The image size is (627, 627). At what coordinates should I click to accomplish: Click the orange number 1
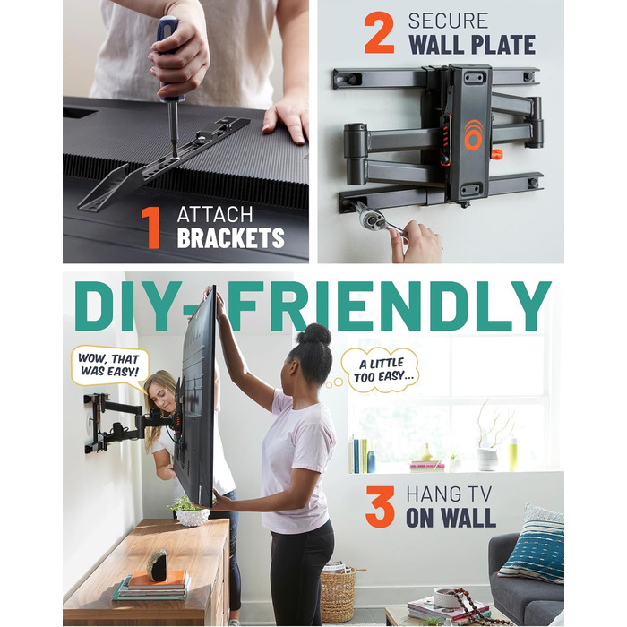coord(151,228)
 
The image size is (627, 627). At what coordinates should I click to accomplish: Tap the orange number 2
coord(379,33)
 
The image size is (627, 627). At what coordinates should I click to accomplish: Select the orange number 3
coord(380,507)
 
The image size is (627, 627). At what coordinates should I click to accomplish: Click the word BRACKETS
coord(231,238)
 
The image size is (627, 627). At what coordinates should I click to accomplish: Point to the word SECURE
coord(448,21)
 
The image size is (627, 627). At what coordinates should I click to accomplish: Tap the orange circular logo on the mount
coord(474,135)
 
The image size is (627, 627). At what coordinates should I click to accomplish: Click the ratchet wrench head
coord(371,217)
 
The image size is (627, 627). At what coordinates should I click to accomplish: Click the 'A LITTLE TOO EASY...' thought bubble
coord(381,370)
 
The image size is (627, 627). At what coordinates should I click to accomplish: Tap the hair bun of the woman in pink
coord(313,335)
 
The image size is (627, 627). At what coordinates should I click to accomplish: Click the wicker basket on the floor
coord(339,591)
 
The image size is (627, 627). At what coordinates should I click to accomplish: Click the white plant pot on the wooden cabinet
coord(193,517)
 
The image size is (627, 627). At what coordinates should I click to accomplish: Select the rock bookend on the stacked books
coord(157,566)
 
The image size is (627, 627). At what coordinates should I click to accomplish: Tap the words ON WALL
coord(451,518)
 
